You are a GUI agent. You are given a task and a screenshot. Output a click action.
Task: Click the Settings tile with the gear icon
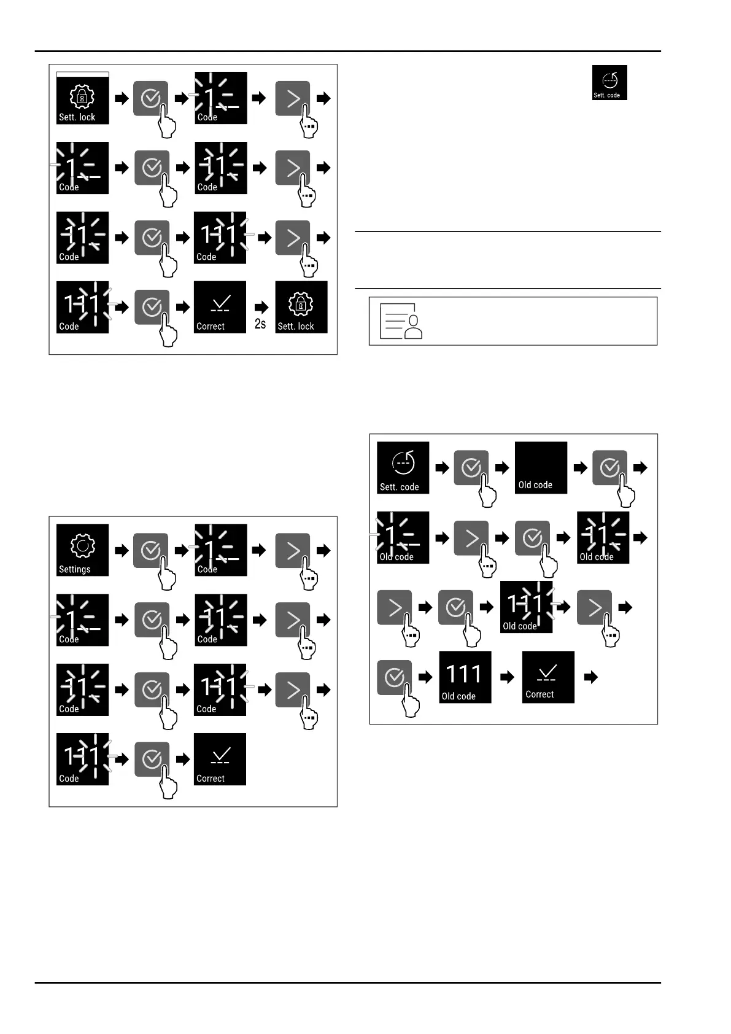[82, 550]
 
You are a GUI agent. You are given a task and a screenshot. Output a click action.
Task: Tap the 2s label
[260, 324]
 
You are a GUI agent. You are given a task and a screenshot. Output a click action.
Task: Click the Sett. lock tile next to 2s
[301, 307]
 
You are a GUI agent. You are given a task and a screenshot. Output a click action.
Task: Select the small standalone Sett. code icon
[609, 83]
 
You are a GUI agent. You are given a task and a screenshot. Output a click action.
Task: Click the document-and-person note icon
[401, 321]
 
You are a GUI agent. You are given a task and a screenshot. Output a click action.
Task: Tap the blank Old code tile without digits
[541, 467]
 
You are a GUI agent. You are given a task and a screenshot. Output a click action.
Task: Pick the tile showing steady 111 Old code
[465, 677]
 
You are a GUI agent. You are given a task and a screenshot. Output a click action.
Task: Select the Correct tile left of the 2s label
[220, 307]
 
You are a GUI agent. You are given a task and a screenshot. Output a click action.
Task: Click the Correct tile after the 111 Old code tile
[548, 677]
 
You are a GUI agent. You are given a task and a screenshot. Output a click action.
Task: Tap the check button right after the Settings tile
[150, 550]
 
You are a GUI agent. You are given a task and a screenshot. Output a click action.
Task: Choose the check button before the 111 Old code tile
[394, 677]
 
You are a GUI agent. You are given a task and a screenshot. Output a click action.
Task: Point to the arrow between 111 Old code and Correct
[507, 677]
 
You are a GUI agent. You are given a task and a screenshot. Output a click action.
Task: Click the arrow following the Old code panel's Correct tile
[590, 677]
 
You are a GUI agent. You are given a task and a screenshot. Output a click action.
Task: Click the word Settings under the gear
[74, 569]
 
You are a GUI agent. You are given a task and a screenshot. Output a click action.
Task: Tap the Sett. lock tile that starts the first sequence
[82, 98]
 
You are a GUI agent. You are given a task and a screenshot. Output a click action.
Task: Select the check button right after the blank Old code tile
[609, 468]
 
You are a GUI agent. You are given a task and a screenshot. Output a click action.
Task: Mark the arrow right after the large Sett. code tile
[442, 468]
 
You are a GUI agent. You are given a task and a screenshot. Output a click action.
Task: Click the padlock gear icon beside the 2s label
[301, 303]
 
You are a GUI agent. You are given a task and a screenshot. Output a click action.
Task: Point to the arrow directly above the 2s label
[261, 307]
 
